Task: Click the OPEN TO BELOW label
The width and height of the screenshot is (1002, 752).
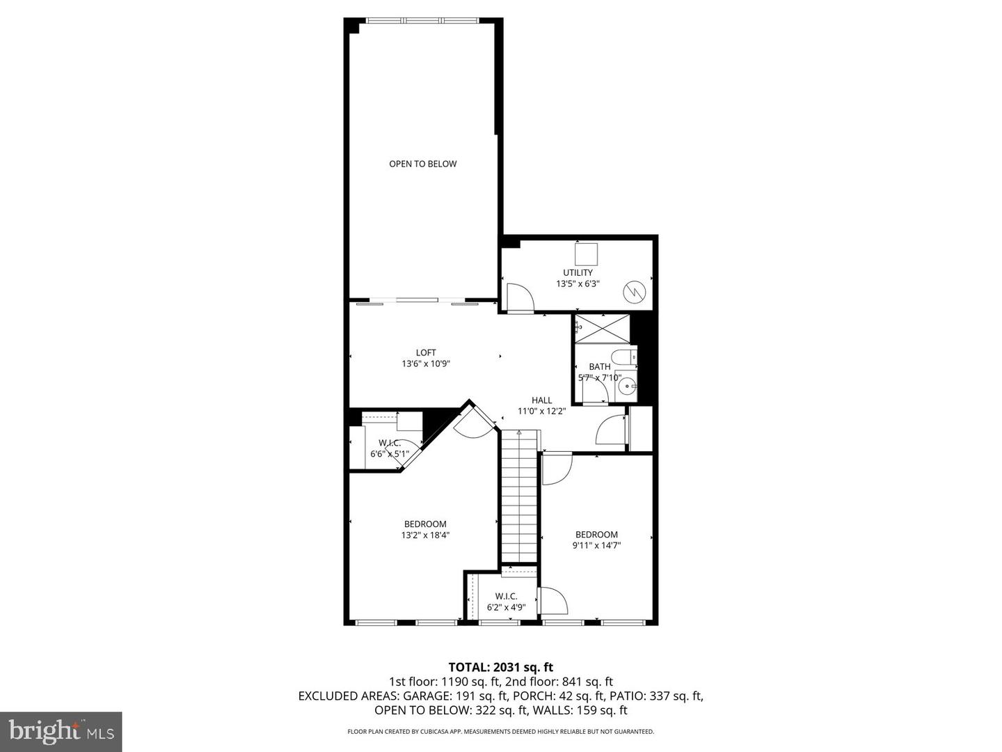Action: pos(422,164)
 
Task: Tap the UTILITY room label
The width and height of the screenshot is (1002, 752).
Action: pos(578,272)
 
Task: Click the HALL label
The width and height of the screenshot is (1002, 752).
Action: pos(541,400)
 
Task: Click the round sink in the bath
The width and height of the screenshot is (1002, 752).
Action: pos(627,385)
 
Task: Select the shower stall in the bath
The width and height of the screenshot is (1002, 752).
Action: pos(602,328)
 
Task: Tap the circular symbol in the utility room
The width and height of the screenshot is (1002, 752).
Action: pos(633,292)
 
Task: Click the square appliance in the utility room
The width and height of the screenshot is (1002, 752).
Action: pos(587,252)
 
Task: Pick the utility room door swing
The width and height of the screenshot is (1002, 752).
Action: pos(518,297)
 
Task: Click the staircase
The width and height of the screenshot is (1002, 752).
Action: pos(519,498)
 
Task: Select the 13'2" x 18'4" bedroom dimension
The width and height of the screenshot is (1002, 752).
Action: pos(425,535)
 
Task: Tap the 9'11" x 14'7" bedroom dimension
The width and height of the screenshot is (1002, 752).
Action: pos(596,546)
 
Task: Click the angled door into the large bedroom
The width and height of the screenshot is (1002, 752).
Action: pos(473,423)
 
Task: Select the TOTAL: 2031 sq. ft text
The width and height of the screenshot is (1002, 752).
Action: pos(500,667)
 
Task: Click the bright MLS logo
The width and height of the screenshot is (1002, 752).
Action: pos(61,731)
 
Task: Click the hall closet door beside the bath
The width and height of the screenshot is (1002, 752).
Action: pos(611,430)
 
